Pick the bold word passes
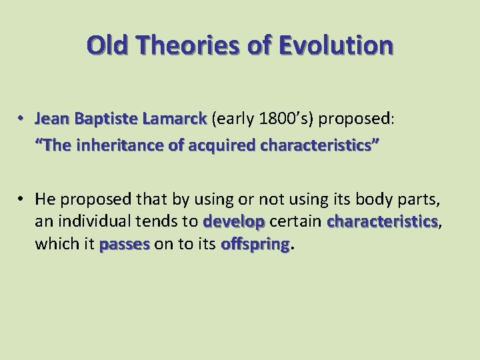point(125,245)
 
